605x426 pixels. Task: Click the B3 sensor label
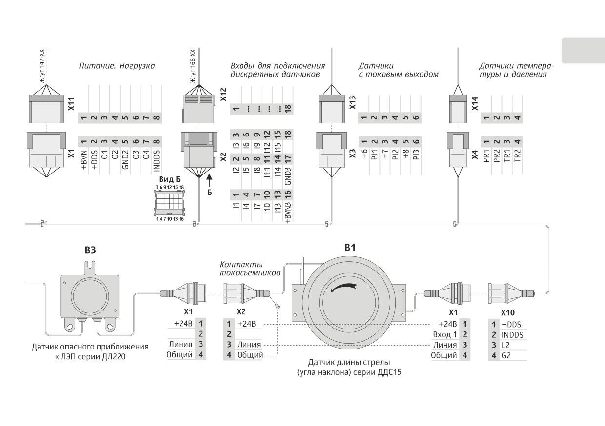pyautogui.click(x=90, y=250)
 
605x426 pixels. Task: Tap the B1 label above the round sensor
pyautogui.click(x=350, y=248)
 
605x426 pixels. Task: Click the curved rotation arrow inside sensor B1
pyautogui.click(x=343, y=287)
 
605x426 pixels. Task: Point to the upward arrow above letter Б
pyautogui.click(x=210, y=181)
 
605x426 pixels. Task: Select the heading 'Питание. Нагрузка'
pyautogui.click(x=117, y=66)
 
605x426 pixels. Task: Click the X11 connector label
pyautogui.click(x=71, y=104)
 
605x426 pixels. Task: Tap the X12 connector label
pyautogui.click(x=223, y=95)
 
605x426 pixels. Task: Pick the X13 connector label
pyautogui.click(x=353, y=103)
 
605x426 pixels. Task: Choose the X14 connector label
pyautogui.click(x=475, y=104)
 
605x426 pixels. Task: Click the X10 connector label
pyautogui.click(x=508, y=313)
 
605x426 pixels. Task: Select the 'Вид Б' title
pyautogui.click(x=169, y=179)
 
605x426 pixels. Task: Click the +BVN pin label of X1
pyautogui.click(x=84, y=160)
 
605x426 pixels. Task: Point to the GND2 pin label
pyautogui.click(x=125, y=159)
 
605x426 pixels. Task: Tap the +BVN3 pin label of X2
pyautogui.click(x=288, y=213)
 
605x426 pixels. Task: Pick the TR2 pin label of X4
pyautogui.click(x=518, y=155)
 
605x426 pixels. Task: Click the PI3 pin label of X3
pyautogui.click(x=416, y=155)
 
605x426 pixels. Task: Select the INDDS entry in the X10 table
pyautogui.click(x=512, y=335)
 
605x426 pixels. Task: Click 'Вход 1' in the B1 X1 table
pyautogui.click(x=445, y=334)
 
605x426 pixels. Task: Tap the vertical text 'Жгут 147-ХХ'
pyautogui.click(x=42, y=66)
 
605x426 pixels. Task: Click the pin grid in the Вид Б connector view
pyautogui.click(x=169, y=201)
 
